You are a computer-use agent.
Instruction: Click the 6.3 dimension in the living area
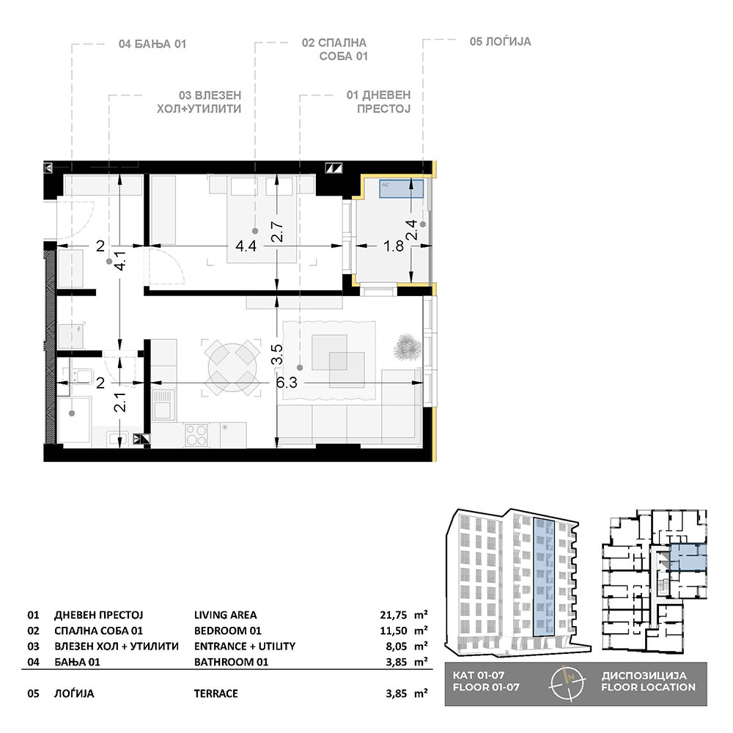[x=287, y=383]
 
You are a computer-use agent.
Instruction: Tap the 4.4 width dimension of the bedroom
[x=246, y=246]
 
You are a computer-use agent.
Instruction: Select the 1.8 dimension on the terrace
[x=393, y=246]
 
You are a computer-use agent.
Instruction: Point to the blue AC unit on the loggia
[x=401, y=188]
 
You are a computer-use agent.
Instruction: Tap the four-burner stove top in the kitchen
[x=196, y=435]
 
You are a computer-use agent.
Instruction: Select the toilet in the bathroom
[x=80, y=375]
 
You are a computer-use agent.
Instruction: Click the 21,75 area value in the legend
[x=393, y=615]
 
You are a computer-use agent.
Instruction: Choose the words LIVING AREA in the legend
[x=225, y=615]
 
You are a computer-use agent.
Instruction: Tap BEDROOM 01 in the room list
[x=228, y=630]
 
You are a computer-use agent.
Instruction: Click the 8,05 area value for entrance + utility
[x=396, y=646]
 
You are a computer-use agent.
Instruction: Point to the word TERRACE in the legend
[x=216, y=693]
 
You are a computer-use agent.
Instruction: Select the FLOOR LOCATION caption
[x=649, y=688]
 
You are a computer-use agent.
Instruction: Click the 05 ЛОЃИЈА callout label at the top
[x=500, y=42]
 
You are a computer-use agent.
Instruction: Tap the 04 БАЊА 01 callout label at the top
[x=152, y=44]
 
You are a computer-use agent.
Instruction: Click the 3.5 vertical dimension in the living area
[x=277, y=354]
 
